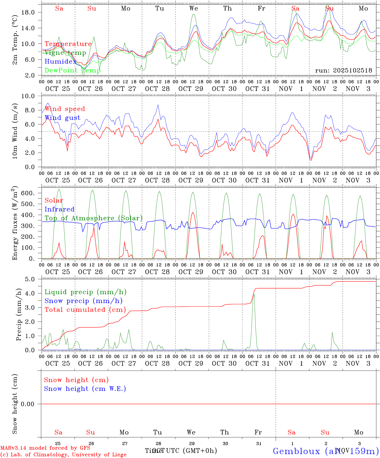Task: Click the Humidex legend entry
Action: click(x=60, y=62)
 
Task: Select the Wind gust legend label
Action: click(x=62, y=118)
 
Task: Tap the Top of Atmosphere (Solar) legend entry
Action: click(x=94, y=218)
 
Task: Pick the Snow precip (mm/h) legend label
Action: click(x=83, y=301)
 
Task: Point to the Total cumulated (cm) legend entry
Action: click(x=85, y=310)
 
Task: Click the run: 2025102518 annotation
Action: click(x=343, y=71)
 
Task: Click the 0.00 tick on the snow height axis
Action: click(x=28, y=404)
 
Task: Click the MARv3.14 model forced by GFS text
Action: click(x=45, y=448)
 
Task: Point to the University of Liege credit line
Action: click(x=63, y=455)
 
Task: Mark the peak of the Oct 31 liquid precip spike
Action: click(x=254, y=294)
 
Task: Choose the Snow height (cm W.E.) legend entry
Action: click(x=85, y=389)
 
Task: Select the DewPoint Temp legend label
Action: click(x=73, y=71)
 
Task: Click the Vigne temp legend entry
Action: click(x=65, y=53)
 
